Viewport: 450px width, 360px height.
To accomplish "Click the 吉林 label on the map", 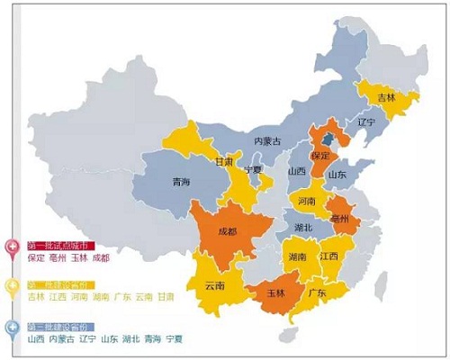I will pos(385,96).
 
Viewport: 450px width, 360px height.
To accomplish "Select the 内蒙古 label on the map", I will pos(267,141).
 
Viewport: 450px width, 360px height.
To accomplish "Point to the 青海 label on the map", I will pos(181,182).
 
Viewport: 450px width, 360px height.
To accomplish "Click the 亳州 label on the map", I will pos(340,219).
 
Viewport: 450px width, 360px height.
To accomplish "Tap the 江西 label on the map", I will pos(328,256).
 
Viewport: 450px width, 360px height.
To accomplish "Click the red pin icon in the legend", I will pos(13,247).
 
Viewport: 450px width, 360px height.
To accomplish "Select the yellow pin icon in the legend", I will pos(13,287).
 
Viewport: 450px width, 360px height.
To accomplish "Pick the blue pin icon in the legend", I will pos(13,328).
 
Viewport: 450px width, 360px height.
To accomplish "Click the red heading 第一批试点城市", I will pos(60,246).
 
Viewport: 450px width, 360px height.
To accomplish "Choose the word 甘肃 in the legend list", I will pos(165,297).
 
